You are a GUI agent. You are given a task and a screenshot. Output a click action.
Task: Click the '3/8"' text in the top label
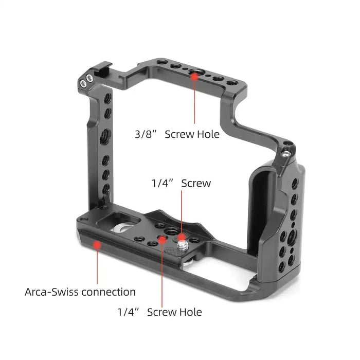[x=146, y=134]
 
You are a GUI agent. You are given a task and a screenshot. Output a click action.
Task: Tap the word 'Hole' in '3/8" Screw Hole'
[x=209, y=134]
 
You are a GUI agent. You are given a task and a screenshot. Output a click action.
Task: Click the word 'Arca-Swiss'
[x=52, y=292]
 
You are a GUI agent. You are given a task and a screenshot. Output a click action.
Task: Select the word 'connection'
[x=109, y=292]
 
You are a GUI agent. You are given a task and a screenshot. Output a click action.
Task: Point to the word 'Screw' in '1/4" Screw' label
[x=196, y=183]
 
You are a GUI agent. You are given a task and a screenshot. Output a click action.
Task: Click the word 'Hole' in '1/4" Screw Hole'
[x=191, y=312]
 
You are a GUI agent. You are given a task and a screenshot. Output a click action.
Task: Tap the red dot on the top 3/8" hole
[x=194, y=77]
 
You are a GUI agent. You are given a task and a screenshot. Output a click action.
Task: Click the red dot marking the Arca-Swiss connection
[x=97, y=245]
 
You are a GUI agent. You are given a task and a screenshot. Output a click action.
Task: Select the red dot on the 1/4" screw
[x=182, y=237]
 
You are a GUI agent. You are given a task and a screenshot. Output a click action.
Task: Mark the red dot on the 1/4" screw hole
[x=163, y=240]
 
